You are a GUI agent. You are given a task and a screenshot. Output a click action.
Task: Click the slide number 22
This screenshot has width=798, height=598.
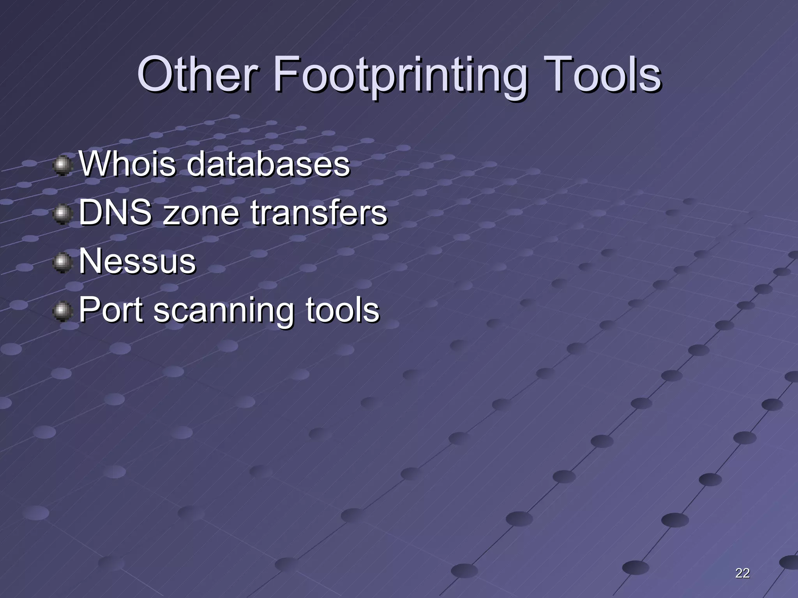[x=742, y=573]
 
